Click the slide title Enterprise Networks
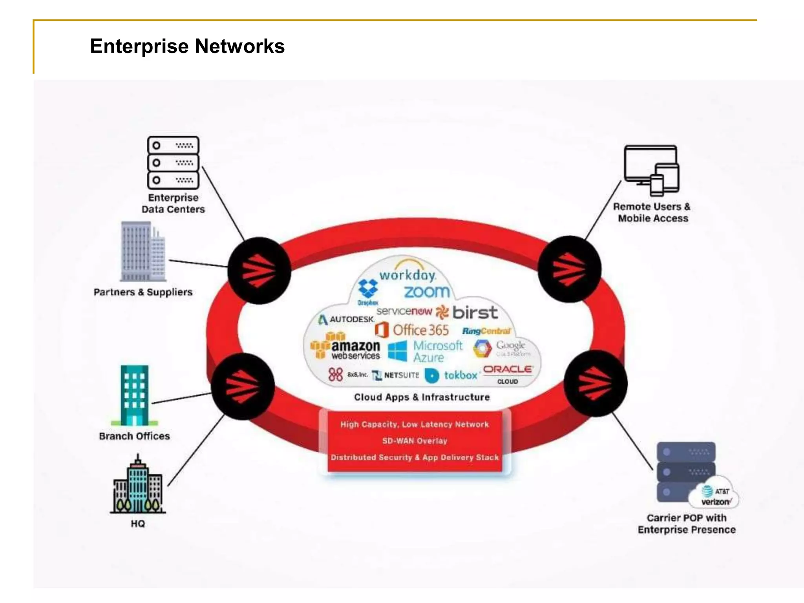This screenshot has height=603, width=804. (187, 46)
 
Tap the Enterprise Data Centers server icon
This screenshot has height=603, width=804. (173, 163)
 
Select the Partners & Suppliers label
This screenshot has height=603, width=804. (143, 292)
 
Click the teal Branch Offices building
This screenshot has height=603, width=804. (134, 395)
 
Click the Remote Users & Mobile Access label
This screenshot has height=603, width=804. (652, 212)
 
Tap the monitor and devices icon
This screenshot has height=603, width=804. (652, 170)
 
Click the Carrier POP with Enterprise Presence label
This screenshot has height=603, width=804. (686, 524)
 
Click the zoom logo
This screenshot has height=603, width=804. (426, 292)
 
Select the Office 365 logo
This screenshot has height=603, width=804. (412, 330)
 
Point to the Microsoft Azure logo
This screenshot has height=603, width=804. (426, 351)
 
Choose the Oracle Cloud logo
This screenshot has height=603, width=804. (507, 374)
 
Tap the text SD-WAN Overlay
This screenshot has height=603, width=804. (415, 441)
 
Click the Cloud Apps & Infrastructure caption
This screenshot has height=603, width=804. (422, 397)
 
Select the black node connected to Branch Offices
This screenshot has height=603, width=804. (243, 386)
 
